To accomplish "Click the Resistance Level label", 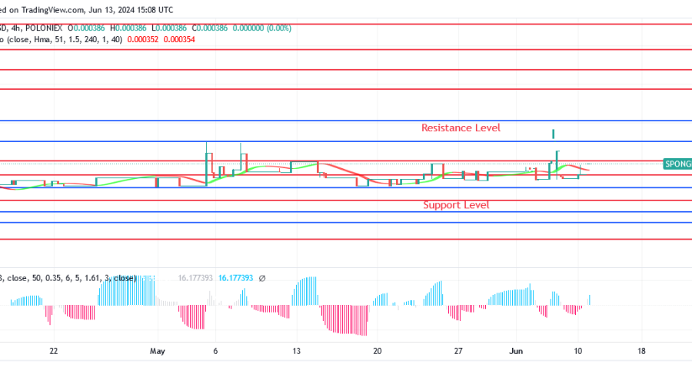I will click(x=461, y=127).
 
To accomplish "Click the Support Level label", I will click(x=456, y=205).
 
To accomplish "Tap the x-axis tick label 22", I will click(x=53, y=351).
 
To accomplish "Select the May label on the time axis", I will click(x=158, y=351).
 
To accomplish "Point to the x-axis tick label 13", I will click(x=296, y=351).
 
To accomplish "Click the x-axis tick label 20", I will click(x=378, y=351).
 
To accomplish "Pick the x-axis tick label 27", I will click(x=458, y=351).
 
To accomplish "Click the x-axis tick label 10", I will click(x=577, y=351).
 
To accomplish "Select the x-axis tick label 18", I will click(x=642, y=351).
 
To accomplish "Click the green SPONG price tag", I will click(x=677, y=164).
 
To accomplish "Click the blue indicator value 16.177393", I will click(x=236, y=278).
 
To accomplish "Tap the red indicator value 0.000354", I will click(x=180, y=39).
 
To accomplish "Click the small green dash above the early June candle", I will click(x=554, y=134).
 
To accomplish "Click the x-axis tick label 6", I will click(x=215, y=351).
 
